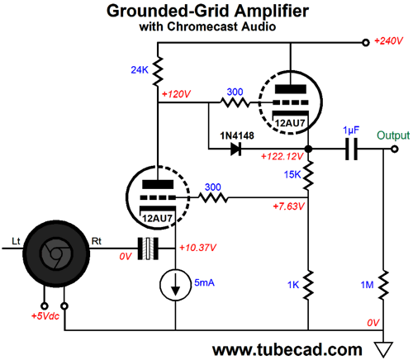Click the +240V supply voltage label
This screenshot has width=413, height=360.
(x=388, y=41)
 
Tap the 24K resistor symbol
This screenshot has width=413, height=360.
(x=158, y=71)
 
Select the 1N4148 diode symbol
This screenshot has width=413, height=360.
(x=236, y=149)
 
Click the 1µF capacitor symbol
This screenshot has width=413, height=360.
(x=351, y=149)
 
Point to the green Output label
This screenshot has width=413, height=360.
(x=393, y=135)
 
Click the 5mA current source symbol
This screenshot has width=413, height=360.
(x=175, y=285)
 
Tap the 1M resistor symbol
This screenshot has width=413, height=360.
(x=383, y=285)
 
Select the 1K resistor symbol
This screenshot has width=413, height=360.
(x=308, y=285)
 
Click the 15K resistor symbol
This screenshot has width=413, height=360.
(x=308, y=175)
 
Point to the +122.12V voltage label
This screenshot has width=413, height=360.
(x=282, y=157)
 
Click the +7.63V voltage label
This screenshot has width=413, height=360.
(x=288, y=206)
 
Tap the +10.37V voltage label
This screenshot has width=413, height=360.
(x=197, y=248)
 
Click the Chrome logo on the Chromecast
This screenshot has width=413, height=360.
(x=56, y=253)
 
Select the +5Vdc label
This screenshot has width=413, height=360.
(x=45, y=316)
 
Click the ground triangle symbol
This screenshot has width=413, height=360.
(x=383, y=349)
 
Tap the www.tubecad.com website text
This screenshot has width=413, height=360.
(x=287, y=349)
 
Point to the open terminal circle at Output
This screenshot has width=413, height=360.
(x=395, y=149)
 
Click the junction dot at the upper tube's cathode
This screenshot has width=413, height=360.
(x=308, y=149)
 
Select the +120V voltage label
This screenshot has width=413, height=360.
(x=176, y=94)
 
